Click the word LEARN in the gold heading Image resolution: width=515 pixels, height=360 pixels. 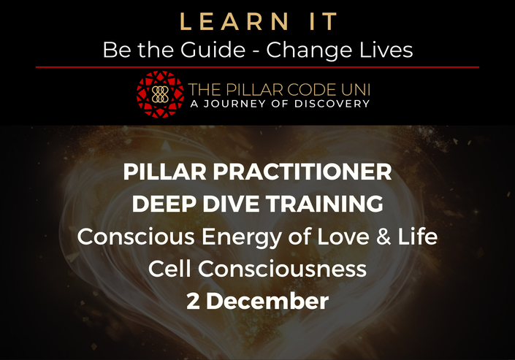pos(234,22)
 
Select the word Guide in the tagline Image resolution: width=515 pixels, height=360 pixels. pos(213,50)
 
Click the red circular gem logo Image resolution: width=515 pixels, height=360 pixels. pos(160,94)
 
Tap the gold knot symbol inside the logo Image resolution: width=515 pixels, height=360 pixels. pos(160,94)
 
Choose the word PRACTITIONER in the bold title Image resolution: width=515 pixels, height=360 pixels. pos(302,172)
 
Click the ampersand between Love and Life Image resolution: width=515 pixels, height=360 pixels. pos(384,237)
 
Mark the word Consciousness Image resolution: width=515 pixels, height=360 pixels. pos(282,269)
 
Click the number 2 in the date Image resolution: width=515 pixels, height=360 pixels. pos(193,301)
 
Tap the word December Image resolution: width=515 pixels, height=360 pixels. pos(267,301)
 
